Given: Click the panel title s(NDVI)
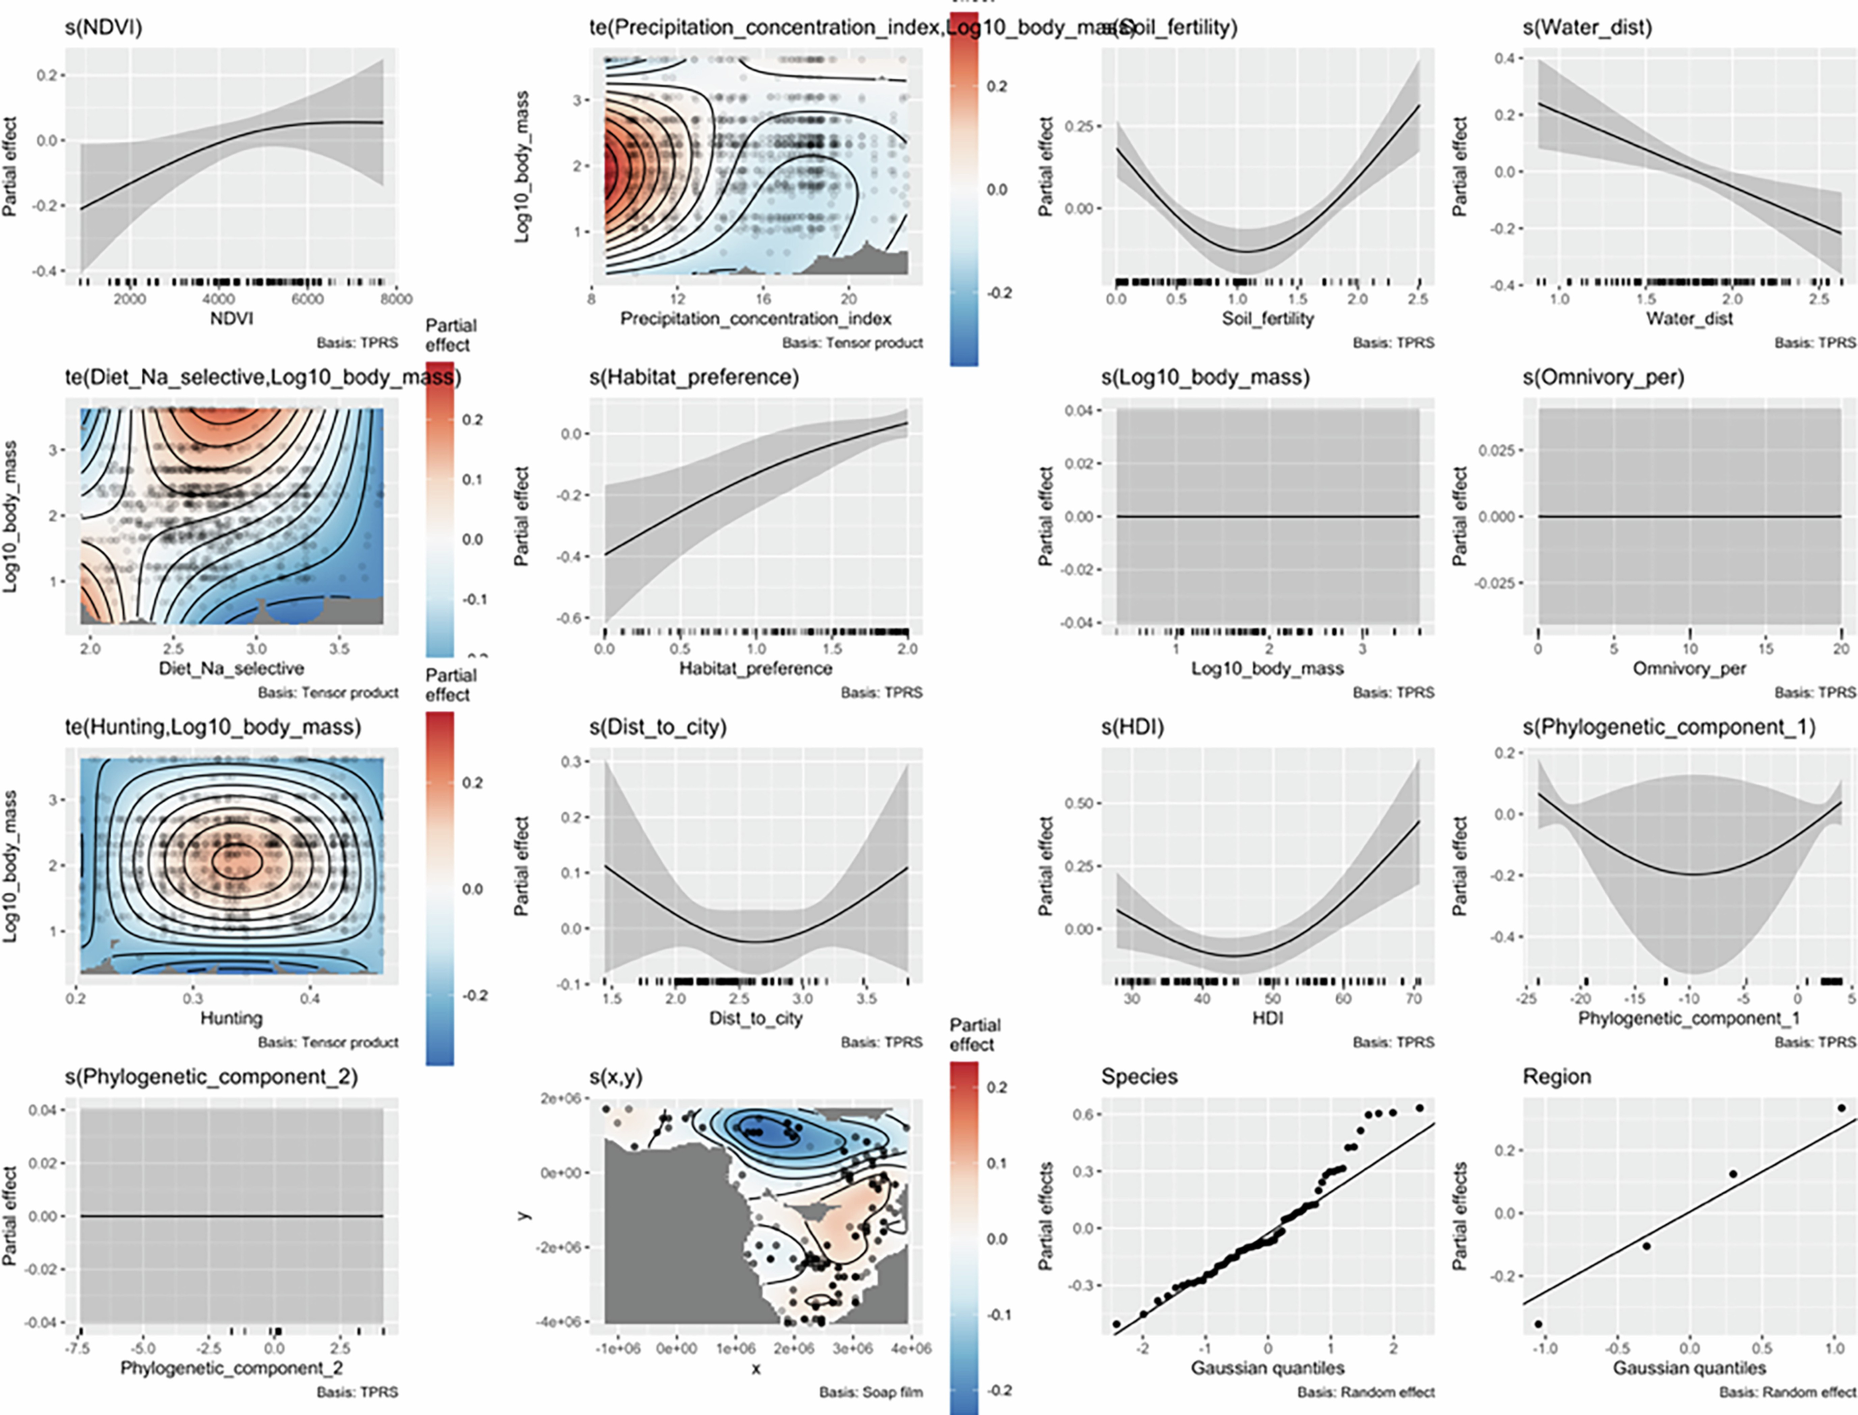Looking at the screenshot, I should (104, 28).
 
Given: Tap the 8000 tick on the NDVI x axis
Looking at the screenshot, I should (396, 299).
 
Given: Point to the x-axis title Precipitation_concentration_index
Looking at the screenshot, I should (755, 318).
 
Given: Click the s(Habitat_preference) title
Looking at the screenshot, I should (694, 377).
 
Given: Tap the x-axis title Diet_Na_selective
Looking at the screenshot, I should (232, 668).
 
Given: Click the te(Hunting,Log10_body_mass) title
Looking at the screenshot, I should (213, 727).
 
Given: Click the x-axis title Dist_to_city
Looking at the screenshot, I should (755, 1018).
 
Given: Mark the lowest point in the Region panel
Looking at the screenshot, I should (1539, 1324).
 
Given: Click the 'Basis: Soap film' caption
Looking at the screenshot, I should (871, 1392).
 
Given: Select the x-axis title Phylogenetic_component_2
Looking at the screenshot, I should (232, 1368).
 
